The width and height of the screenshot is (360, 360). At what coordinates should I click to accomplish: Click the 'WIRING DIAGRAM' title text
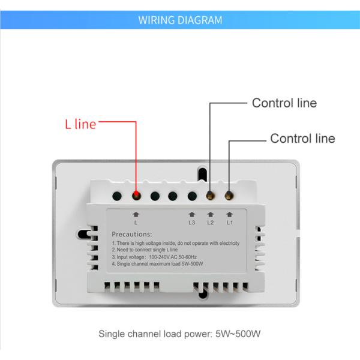(180, 20)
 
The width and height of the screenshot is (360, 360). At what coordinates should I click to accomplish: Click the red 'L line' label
(80, 124)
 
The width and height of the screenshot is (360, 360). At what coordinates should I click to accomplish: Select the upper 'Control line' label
(284, 103)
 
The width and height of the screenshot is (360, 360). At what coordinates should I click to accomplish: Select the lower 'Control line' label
(302, 139)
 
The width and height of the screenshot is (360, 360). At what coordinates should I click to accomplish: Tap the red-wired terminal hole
(136, 195)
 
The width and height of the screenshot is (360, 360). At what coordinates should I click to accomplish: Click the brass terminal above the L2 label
(210, 195)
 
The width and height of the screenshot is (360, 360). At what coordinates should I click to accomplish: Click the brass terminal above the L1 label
(229, 195)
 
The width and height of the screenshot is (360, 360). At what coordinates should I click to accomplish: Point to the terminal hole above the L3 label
(192, 195)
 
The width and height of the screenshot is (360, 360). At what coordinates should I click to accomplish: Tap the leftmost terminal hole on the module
(118, 195)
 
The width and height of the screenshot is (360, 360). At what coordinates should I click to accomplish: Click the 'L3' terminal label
(191, 223)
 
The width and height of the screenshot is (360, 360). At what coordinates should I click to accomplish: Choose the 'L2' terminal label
(210, 223)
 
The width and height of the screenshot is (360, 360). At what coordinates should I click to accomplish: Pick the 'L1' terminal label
(229, 223)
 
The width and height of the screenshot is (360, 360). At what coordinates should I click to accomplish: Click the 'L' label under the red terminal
(136, 223)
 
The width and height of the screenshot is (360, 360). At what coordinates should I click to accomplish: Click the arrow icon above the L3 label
(191, 214)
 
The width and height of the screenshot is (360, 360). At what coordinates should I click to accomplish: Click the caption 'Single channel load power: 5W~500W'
(180, 334)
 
